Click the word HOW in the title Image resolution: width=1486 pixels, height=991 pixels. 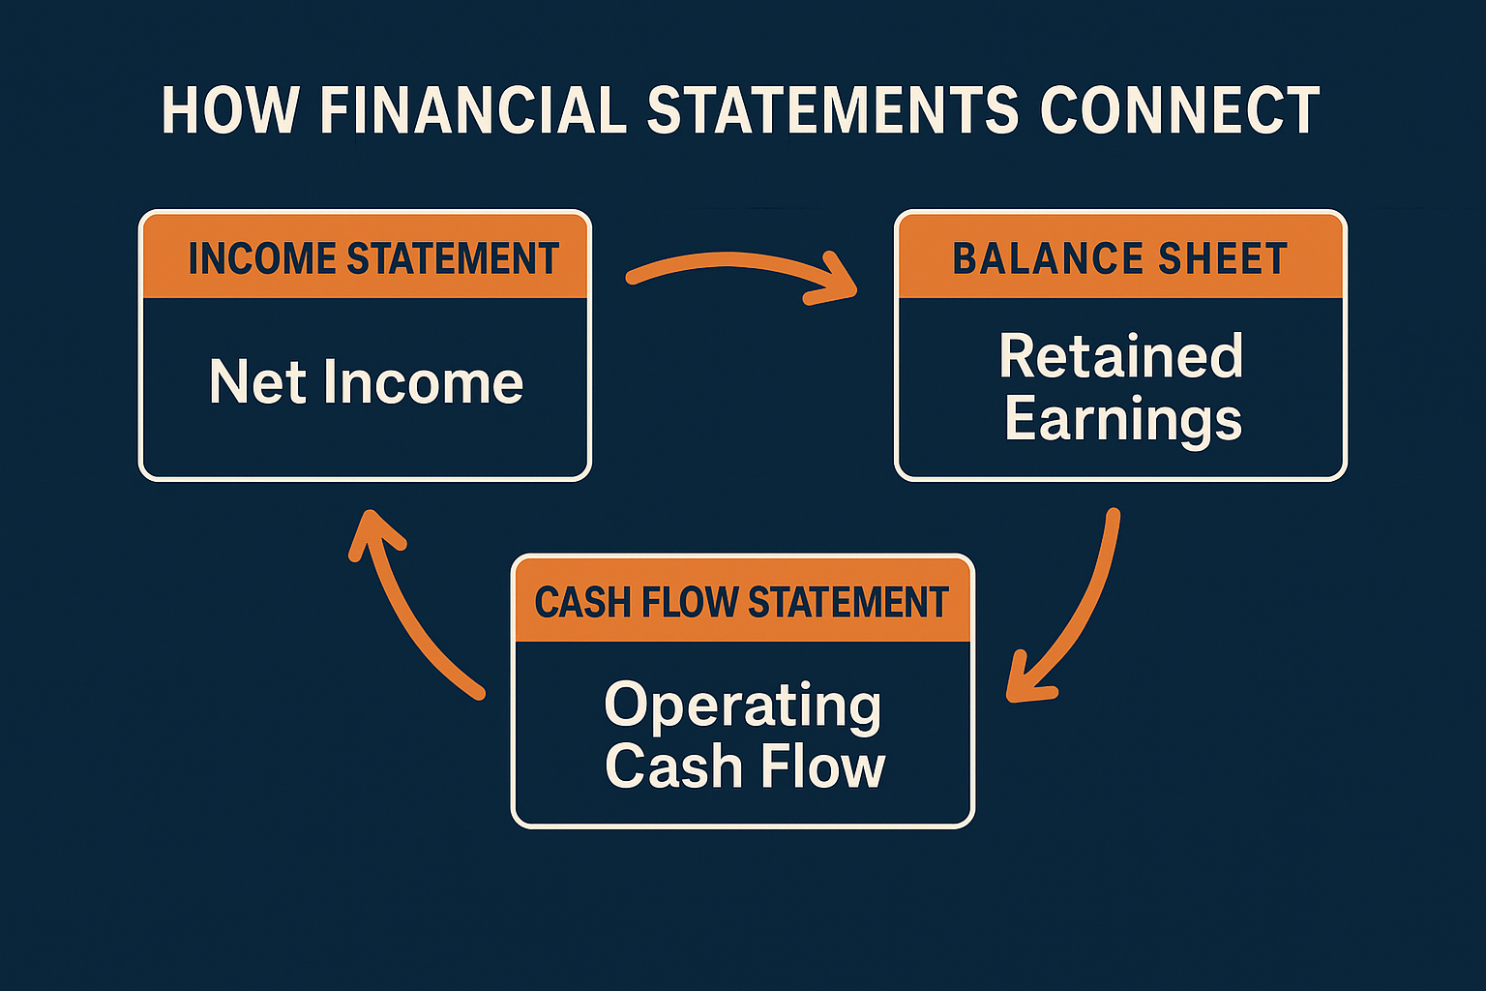click(230, 110)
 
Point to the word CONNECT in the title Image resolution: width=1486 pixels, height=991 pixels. click(1179, 110)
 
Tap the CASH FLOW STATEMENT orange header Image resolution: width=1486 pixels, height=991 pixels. click(742, 602)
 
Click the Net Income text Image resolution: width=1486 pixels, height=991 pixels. click(366, 382)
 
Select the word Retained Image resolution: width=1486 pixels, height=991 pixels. click(1120, 356)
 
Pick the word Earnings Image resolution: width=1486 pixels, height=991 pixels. click(1122, 419)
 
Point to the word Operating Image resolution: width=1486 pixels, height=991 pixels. click(742, 706)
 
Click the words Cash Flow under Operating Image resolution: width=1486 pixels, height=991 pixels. click(744, 766)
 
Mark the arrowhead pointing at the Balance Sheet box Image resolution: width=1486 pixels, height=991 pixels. click(834, 281)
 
